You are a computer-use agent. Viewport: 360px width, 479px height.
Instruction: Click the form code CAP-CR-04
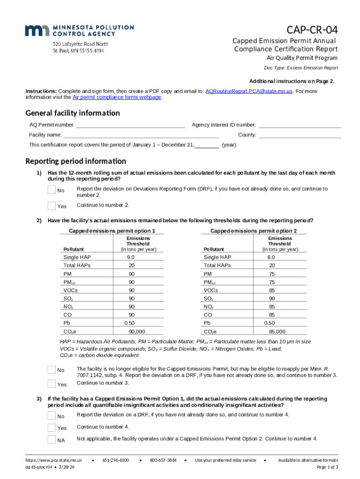pyautogui.click(x=312, y=30)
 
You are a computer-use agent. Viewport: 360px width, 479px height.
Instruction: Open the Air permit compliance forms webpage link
pyautogui.click(x=117, y=97)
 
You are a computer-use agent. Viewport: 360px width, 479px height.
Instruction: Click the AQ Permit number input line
pyautogui.click(x=130, y=125)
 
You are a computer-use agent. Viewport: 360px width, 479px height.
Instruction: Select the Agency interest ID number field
pyautogui.click(x=299, y=125)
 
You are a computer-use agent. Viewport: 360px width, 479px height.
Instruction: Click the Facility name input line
pyautogui.click(x=140, y=135)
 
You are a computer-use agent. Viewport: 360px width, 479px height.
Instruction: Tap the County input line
pyautogui.click(x=299, y=135)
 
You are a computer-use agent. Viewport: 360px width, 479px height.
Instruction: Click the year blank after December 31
pyautogui.click(x=206, y=145)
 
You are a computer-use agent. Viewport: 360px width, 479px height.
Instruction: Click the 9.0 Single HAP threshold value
pyautogui.click(x=130, y=258)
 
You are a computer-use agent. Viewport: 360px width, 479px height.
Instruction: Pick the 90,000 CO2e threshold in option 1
pyautogui.click(x=137, y=332)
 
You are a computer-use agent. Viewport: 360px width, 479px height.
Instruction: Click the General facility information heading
pyautogui.click(x=72, y=113)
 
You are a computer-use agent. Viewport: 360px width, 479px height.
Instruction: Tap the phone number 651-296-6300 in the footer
pyautogui.click(x=115, y=460)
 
